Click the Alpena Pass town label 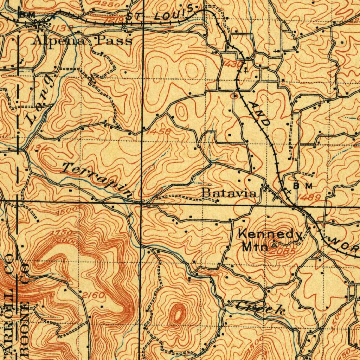(82, 40)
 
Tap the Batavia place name (229, 193)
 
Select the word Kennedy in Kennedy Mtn (270, 234)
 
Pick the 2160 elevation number (94, 295)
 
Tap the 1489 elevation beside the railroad (310, 198)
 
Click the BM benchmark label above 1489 (303, 186)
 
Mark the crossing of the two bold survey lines (142, 203)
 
